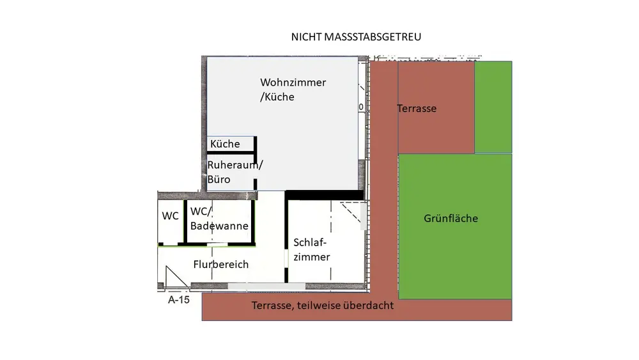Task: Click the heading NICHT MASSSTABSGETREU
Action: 356,37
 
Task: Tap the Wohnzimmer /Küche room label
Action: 293,90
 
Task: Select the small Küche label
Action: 225,144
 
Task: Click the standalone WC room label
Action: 170,216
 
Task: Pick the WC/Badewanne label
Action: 219,217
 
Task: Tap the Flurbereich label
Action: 220,264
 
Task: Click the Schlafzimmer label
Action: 311,249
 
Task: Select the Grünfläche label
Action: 450,219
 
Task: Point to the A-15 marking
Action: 178,299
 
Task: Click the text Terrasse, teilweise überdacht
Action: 323,306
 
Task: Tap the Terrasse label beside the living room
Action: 417,109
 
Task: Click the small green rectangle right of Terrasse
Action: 493,107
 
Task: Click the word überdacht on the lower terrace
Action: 369,306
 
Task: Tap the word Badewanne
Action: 219,226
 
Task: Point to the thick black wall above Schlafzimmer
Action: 324,195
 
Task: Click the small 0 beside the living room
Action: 361,107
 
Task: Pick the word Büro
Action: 219,180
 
